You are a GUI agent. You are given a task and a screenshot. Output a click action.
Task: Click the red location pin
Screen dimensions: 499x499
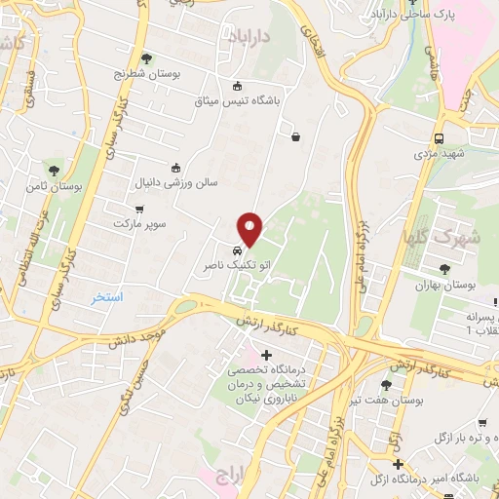250,229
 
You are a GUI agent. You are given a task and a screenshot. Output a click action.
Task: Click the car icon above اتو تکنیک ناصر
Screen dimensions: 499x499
239,249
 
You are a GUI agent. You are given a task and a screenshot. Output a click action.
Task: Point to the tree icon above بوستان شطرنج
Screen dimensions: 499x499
146,58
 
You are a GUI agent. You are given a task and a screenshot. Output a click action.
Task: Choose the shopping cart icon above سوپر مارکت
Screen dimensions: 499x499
139,209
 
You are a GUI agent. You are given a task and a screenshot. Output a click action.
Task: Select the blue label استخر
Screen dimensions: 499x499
107,295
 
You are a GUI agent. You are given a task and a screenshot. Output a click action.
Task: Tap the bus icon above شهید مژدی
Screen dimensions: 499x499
439,138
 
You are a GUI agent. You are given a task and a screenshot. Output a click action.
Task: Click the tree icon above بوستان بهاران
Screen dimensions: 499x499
444,269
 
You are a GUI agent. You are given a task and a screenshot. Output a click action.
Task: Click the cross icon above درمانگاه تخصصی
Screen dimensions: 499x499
266,354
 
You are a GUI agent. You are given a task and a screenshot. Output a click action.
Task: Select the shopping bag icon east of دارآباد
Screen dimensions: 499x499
294,137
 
